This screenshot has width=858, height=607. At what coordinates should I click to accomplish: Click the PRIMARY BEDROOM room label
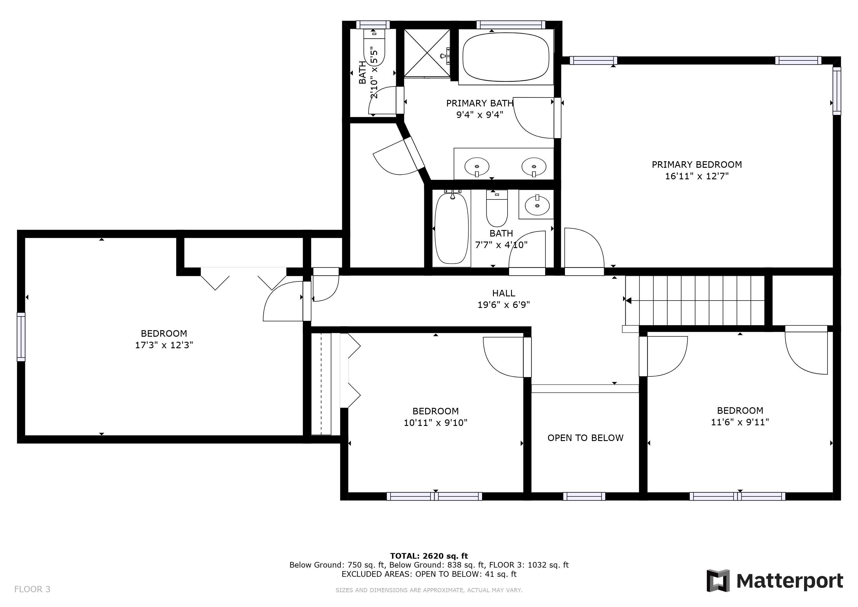[x=697, y=164]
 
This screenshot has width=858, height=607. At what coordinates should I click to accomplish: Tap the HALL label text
[x=503, y=293]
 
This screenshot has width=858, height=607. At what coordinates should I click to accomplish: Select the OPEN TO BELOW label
[x=585, y=438]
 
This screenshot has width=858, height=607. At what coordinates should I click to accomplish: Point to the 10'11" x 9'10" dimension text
[x=435, y=423]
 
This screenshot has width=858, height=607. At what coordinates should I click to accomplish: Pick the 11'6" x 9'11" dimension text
[x=739, y=422]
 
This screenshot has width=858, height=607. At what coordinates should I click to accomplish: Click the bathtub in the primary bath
[x=506, y=57]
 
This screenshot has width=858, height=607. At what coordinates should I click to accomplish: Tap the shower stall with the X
[x=427, y=53]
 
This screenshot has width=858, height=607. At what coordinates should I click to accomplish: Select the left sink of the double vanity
[x=476, y=167]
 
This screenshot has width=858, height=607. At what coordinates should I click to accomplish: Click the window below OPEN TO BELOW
[x=584, y=496]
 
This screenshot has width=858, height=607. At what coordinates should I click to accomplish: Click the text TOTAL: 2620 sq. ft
[x=429, y=556]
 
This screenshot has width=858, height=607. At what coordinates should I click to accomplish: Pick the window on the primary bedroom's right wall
[x=837, y=91]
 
